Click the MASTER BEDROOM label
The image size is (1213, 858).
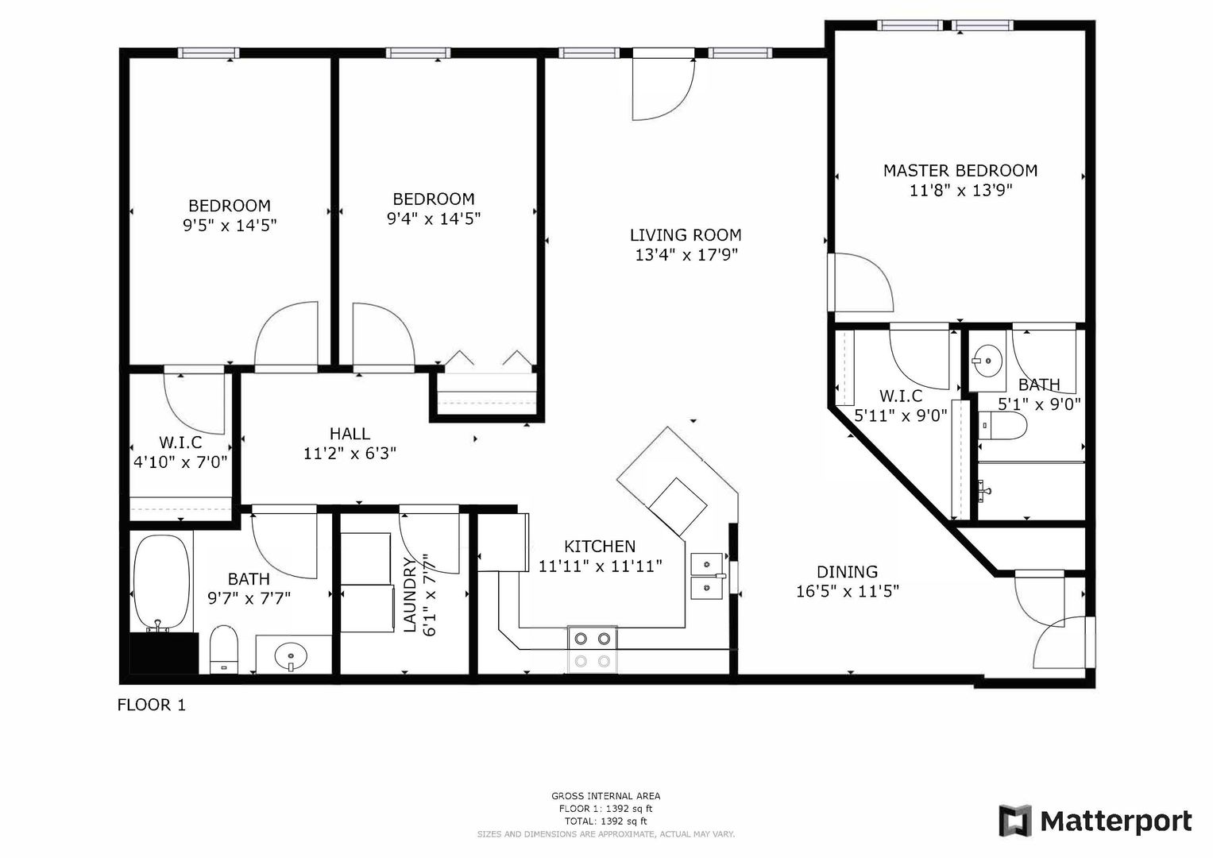click(x=960, y=171)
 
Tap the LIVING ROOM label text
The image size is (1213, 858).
click(x=686, y=235)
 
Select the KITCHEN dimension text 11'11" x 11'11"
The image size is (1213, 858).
click(x=600, y=566)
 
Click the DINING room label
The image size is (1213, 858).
click(x=847, y=572)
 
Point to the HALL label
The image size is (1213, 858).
click(x=350, y=433)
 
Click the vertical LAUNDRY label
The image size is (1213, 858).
click(x=411, y=595)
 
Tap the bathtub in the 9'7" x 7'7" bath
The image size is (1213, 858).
click(x=162, y=583)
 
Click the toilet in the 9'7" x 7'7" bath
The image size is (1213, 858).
click(x=224, y=650)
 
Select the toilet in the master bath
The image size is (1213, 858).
click(x=1002, y=426)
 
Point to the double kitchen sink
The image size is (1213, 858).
click(x=707, y=576)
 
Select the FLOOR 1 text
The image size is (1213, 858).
click(x=152, y=705)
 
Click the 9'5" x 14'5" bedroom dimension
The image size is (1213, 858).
click(x=230, y=226)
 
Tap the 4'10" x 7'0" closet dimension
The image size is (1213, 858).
click(x=180, y=462)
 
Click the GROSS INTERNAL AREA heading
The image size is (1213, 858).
click(x=605, y=796)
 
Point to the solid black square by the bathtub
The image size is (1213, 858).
click(x=164, y=653)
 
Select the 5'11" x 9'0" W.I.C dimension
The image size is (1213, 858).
click(x=901, y=415)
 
